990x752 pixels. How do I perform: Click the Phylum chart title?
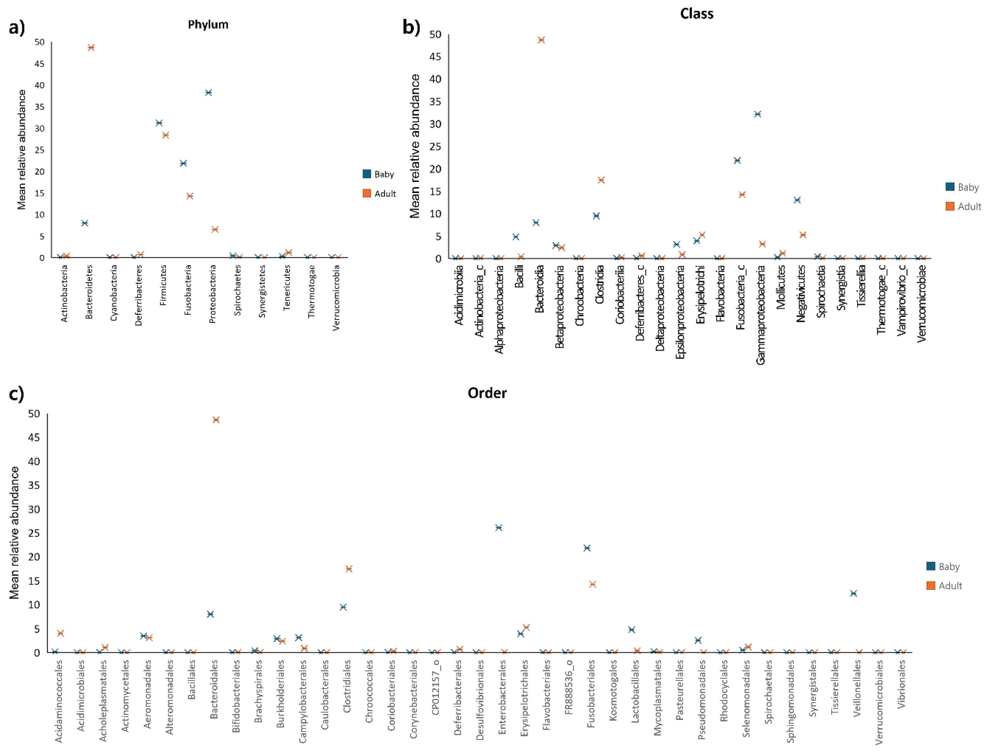(x=208, y=25)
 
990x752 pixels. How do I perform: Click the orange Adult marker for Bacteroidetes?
(x=91, y=48)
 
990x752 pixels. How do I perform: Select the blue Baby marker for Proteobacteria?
(x=208, y=93)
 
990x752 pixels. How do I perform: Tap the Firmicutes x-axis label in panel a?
(x=163, y=285)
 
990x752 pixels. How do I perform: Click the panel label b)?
(x=411, y=28)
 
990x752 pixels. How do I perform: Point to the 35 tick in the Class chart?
(x=435, y=102)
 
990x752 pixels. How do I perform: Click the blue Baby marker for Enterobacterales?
(x=498, y=528)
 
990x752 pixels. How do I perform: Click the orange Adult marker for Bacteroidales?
(x=216, y=420)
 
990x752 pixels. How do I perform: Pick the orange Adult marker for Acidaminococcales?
(x=61, y=633)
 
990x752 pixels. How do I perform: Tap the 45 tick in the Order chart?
(x=34, y=438)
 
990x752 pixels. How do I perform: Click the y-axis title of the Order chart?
(x=14, y=533)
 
